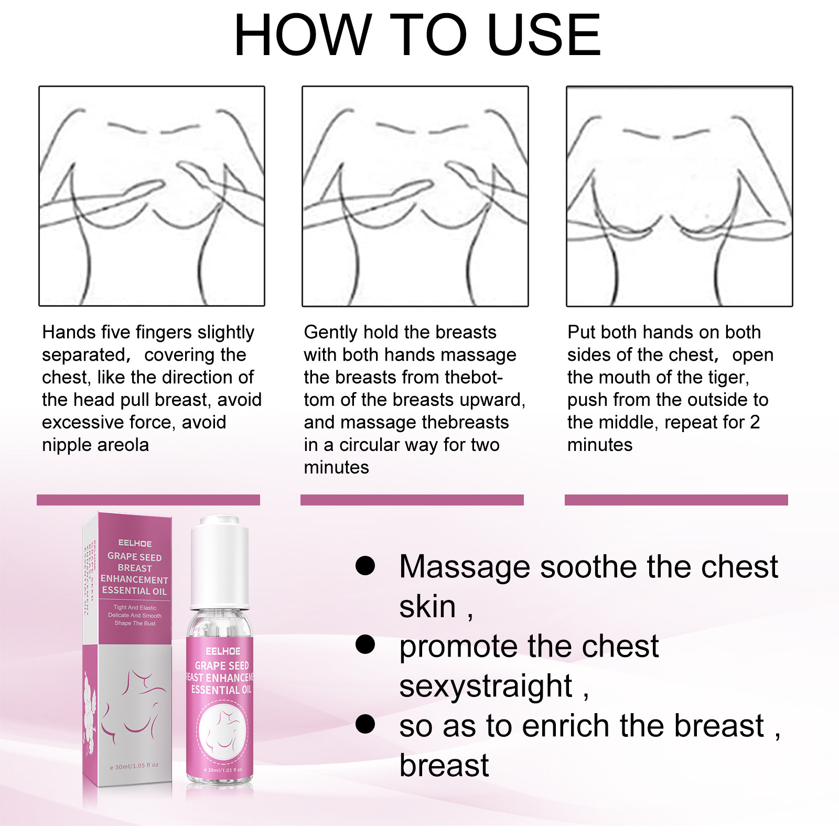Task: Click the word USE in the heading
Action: [x=544, y=36]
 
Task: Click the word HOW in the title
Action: [x=303, y=36]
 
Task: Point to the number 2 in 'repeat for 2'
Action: [x=755, y=422]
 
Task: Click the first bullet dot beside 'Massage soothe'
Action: [x=365, y=565]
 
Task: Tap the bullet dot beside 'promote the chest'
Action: [x=365, y=644]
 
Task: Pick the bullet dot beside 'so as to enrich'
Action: [x=365, y=724]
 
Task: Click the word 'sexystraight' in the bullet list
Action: [x=486, y=686]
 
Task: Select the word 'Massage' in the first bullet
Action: [x=465, y=567]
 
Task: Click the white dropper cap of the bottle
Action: [x=220, y=561]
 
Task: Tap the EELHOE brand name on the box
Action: [x=135, y=543]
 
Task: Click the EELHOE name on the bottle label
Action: [x=223, y=651]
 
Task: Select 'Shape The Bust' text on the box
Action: [x=135, y=623]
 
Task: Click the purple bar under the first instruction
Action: [x=148, y=500]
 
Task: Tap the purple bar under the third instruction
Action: [x=676, y=500]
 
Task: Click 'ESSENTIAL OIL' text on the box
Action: [x=134, y=591]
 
